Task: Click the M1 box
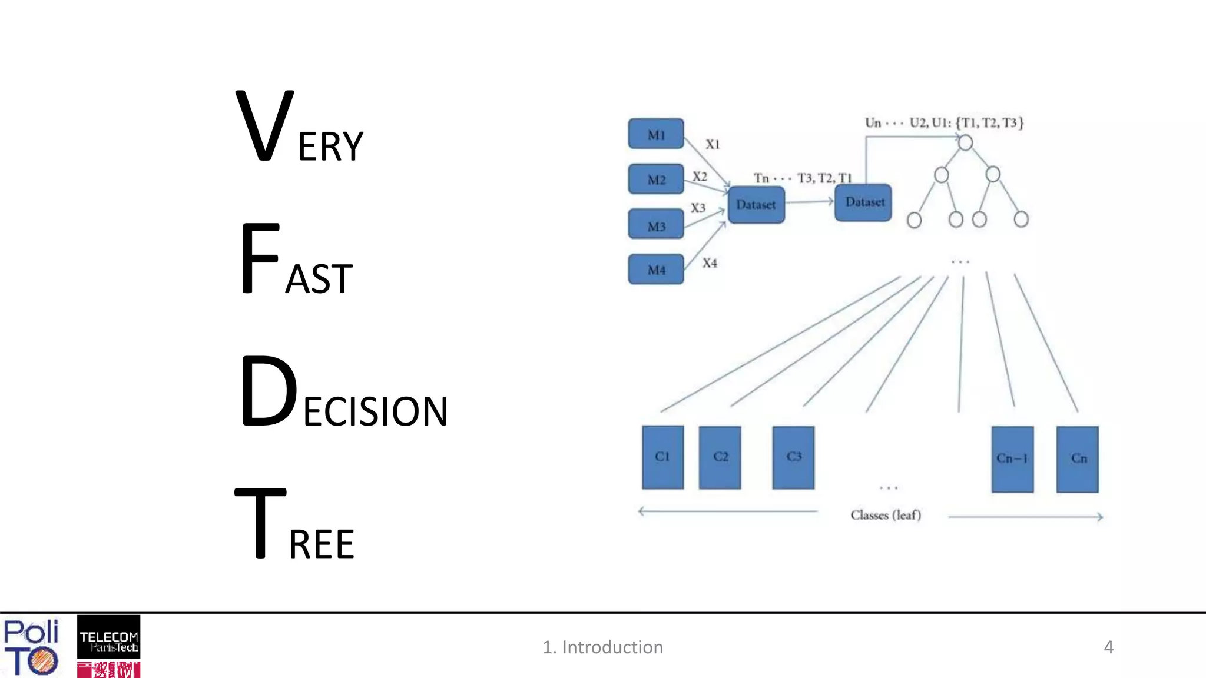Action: tap(656, 134)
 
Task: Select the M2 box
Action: tap(656, 179)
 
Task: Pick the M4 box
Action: tap(656, 270)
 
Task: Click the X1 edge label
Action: tap(713, 144)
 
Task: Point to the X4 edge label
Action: tap(710, 263)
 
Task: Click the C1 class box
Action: tap(662, 457)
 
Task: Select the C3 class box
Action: tap(793, 457)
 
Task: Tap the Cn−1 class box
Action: tap(1012, 459)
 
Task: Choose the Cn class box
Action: tap(1077, 459)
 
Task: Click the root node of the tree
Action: tap(965, 142)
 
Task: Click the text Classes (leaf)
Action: tap(885, 515)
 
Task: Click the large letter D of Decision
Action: tap(269, 391)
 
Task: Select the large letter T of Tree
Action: tap(260, 523)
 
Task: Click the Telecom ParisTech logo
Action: tap(108, 637)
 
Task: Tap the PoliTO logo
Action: tap(31, 646)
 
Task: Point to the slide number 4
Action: tap(1108, 647)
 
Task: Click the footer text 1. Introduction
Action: tap(602, 647)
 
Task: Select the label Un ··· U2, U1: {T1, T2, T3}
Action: tap(944, 122)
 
